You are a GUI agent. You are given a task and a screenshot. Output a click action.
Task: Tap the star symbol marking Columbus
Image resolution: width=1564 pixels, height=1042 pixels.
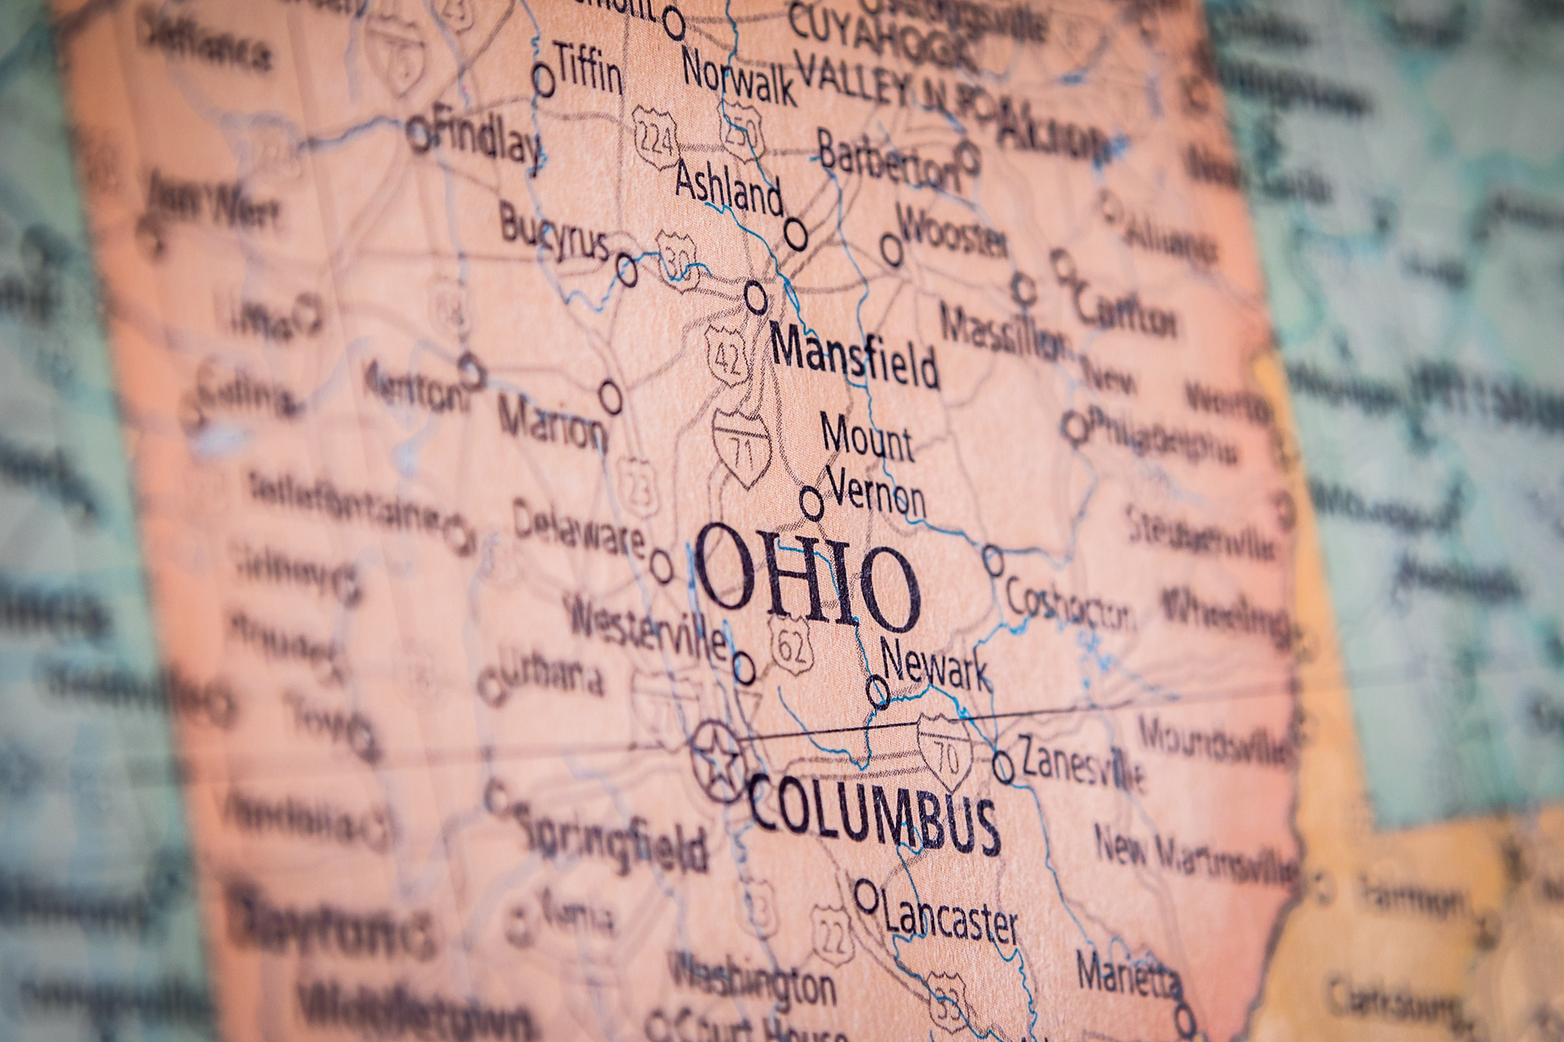click(x=716, y=762)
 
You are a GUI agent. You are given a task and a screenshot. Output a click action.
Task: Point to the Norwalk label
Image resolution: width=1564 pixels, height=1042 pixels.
click(x=738, y=77)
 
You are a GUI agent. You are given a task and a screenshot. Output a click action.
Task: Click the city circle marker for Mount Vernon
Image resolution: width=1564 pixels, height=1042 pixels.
click(x=811, y=502)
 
